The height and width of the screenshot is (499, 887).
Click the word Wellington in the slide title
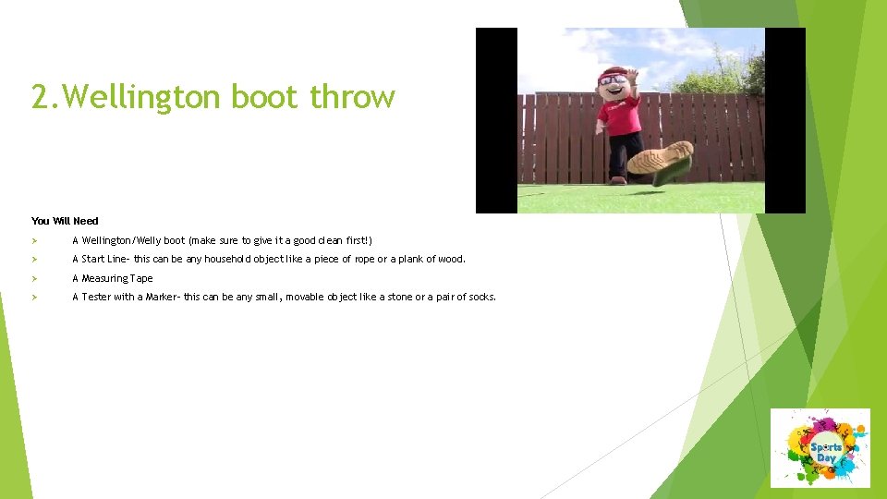tap(140, 97)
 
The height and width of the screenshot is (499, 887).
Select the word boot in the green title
tap(264, 96)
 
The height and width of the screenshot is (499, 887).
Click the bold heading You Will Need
tap(65, 221)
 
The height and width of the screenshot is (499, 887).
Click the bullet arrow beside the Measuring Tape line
tap(34, 278)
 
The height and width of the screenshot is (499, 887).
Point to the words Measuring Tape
tap(117, 278)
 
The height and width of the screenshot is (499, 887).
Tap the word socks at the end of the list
tap(482, 297)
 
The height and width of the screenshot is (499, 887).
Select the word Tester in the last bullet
tap(96, 297)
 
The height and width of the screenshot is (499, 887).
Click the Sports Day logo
tap(820, 448)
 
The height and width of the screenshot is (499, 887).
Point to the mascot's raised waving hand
tap(632, 76)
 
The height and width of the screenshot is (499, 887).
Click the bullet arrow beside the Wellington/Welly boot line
tap(34, 241)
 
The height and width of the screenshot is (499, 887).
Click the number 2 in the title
tap(40, 97)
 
